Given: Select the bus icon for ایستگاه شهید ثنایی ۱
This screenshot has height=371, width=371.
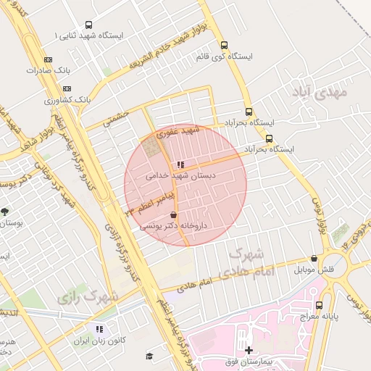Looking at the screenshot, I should (x=88, y=24).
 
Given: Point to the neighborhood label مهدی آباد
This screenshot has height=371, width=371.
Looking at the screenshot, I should (x=320, y=92).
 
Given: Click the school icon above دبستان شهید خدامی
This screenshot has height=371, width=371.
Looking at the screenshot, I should (x=180, y=164).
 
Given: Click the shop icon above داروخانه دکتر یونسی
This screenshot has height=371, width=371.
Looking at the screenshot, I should (x=172, y=215).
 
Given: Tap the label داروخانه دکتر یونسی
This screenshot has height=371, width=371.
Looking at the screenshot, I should (x=173, y=226).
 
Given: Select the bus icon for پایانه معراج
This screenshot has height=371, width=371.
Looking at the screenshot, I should (x=320, y=305).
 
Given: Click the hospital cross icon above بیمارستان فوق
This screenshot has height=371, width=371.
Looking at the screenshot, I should (x=249, y=350).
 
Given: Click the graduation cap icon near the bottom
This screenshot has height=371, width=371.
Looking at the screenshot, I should (x=149, y=356).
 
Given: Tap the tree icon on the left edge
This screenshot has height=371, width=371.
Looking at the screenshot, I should (x=6, y=212).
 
